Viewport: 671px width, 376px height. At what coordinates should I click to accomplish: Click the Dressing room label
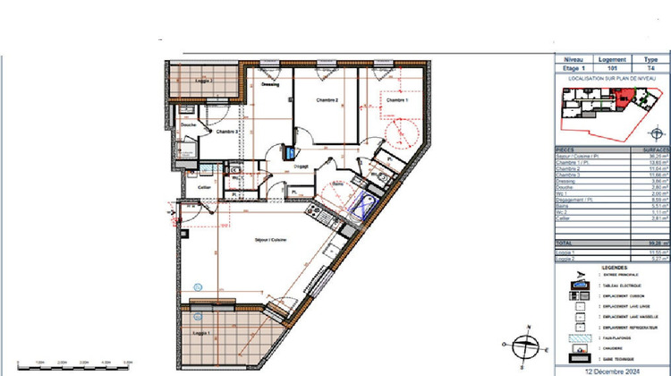tap(270, 85)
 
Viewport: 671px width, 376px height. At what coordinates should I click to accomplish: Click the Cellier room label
tap(204, 186)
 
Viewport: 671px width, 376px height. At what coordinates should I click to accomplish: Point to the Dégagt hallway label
tap(302, 167)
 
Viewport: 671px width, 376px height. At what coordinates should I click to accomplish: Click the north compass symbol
tap(525, 345)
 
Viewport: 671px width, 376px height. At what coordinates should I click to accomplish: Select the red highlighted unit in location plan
tap(623, 98)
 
